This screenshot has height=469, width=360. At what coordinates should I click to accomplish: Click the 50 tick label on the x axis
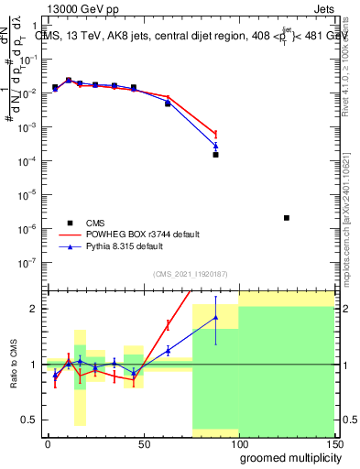coord(143,443)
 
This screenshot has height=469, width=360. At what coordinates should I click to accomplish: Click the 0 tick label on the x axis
coord(48,443)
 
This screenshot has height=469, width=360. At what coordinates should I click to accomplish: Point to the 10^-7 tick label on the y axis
coord(31,262)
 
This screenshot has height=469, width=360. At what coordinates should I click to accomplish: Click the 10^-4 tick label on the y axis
coord(31,161)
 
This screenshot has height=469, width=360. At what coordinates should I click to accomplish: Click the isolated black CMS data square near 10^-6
coord(287,218)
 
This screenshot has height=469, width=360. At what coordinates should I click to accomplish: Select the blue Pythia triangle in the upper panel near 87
coord(215,146)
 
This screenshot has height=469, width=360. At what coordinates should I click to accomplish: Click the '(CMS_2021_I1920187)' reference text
coord(190,273)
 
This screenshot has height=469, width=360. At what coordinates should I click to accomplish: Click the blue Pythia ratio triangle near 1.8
coord(215,318)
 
